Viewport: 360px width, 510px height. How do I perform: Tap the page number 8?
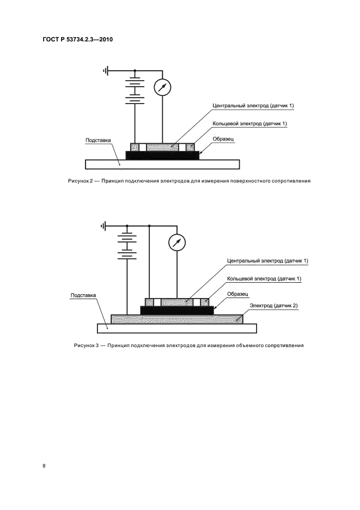coord(44,465)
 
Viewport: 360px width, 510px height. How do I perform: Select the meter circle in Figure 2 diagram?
coord(162,87)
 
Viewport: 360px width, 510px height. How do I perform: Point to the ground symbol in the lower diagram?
coord(104,225)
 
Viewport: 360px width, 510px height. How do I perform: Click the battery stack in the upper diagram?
coord(135,90)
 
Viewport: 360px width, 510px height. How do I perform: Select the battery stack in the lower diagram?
coord(127,245)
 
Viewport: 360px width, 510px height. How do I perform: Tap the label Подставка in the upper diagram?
coord(99,140)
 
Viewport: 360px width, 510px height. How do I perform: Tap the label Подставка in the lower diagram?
coord(83,295)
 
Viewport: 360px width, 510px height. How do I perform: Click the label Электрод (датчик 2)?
coord(273,306)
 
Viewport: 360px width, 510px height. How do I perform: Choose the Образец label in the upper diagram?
coord(223,139)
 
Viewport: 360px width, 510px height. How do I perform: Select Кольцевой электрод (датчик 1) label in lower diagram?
coord(264,278)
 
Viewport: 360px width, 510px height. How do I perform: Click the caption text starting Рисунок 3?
coord(189,345)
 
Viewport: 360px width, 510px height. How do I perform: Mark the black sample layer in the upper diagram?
coord(162,155)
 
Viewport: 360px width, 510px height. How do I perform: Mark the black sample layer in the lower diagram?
coord(177,310)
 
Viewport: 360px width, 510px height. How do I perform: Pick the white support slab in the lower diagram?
coord(177,327)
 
